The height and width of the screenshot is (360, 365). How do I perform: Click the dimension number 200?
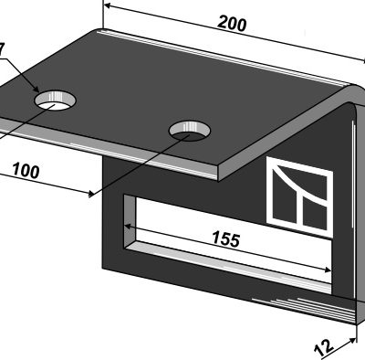(x=232, y=24)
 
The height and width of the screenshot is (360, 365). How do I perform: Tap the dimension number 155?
(x=226, y=238)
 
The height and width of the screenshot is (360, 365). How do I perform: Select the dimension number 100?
(x=26, y=171)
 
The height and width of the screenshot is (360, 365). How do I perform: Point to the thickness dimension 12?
(x=324, y=348)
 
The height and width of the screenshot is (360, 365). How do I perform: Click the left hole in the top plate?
(x=55, y=101)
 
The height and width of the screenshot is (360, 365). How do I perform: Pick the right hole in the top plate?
(x=190, y=131)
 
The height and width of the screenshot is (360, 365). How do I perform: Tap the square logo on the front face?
(x=299, y=196)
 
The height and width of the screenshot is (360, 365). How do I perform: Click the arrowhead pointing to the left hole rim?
(x=36, y=89)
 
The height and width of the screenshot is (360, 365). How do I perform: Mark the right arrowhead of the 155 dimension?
(x=328, y=270)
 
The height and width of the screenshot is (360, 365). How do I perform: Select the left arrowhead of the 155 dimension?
(x=128, y=227)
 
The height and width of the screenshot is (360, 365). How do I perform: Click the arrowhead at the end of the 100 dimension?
(x=90, y=193)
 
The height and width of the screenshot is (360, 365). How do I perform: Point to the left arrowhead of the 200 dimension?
(x=107, y=5)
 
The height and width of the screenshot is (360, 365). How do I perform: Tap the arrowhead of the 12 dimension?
(x=353, y=340)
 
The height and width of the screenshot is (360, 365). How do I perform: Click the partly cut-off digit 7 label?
(x=2, y=50)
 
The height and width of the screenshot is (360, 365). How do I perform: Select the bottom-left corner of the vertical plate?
(x=104, y=268)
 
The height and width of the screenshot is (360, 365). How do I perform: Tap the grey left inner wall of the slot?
(x=129, y=222)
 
